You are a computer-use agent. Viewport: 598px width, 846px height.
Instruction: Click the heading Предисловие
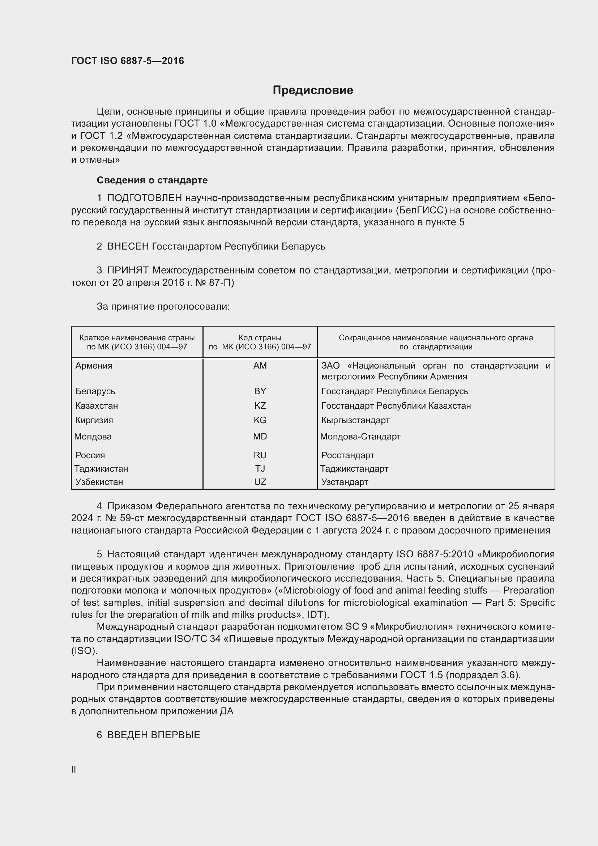click(x=313, y=90)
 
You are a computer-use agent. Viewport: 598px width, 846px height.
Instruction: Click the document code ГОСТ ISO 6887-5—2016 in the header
click(x=127, y=61)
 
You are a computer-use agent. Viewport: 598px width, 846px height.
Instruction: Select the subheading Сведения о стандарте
click(x=152, y=180)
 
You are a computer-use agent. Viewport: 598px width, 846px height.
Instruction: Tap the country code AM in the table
click(x=260, y=366)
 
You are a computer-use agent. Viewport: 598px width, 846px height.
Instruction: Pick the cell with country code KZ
click(x=260, y=406)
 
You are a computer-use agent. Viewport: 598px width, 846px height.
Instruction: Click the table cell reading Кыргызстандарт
click(x=355, y=420)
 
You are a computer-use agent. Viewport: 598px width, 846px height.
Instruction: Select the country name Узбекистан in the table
click(x=99, y=482)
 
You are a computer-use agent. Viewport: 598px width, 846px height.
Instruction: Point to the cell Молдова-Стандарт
click(x=360, y=436)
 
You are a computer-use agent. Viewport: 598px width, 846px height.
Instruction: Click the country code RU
click(x=260, y=455)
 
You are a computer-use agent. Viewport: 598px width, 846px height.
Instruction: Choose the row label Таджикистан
click(x=101, y=469)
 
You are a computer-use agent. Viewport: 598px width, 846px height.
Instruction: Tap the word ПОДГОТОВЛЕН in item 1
click(x=144, y=198)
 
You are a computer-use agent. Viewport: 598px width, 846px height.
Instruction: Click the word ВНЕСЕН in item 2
click(x=128, y=246)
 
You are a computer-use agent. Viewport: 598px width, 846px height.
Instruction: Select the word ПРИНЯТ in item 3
click(x=128, y=271)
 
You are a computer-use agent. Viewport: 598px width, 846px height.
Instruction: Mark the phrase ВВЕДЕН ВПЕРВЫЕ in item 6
click(x=154, y=735)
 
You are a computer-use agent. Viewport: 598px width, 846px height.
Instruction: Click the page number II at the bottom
click(x=74, y=770)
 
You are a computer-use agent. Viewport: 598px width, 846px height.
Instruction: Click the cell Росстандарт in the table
click(x=347, y=455)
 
